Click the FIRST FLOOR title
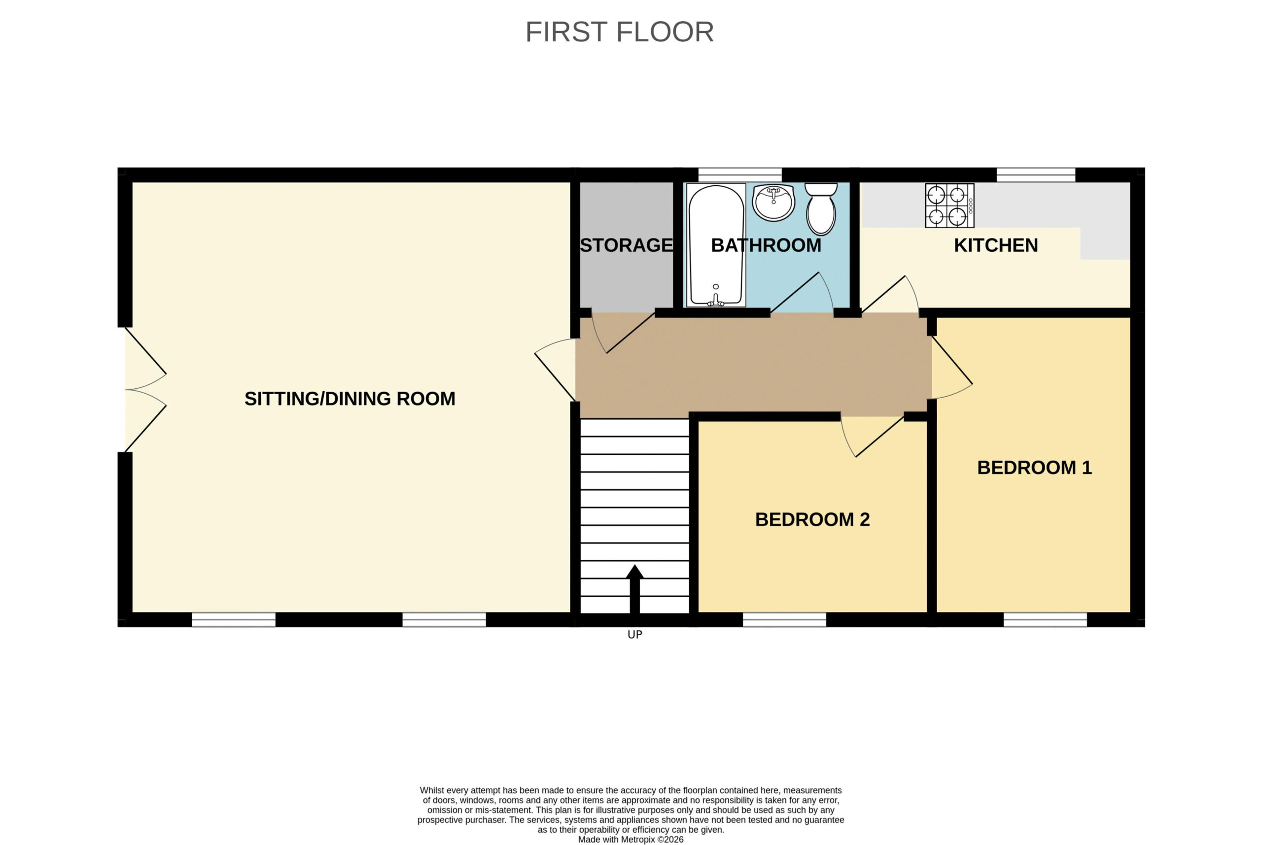tap(619, 32)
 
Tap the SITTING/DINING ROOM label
tap(350, 399)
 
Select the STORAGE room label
tap(627, 245)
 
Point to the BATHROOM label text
tap(766, 245)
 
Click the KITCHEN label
tap(996, 245)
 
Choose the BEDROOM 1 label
tap(1035, 467)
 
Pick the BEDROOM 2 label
tap(812, 519)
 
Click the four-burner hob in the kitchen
tap(949, 205)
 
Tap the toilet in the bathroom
tap(821, 208)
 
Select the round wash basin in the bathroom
tap(773, 202)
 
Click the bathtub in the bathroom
tap(716, 245)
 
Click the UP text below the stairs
tap(635, 635)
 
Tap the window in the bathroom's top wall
tap(740, 174)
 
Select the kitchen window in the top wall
tap(1036, 174)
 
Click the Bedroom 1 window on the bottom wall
tap(1045, 620)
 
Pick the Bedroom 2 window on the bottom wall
tap(784, 620)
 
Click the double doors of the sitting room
tap(145, 390)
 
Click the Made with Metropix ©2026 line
tap(631, 840)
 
